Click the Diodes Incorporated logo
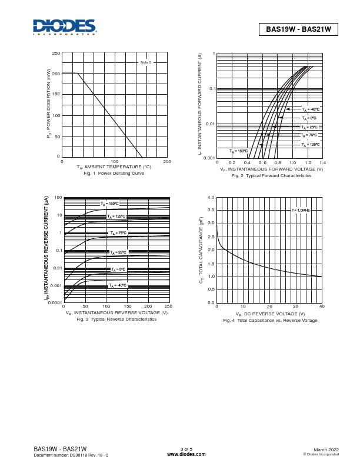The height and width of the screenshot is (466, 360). (x=65, y=26)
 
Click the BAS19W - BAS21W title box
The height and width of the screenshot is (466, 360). (x=298, y=29)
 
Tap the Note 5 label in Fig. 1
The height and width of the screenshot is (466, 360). (x=145, y=62)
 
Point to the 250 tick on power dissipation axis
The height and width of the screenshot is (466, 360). (x=56, y=54)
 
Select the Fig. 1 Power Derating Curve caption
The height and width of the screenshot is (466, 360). (x=114, y=174)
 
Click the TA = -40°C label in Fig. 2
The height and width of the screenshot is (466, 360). (x=311, y=109)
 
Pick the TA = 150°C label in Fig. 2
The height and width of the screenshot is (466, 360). (x=238, y=151)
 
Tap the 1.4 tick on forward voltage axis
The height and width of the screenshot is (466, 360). (x=322, y=162)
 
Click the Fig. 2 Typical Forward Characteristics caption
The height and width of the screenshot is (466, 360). (x=271, y=176)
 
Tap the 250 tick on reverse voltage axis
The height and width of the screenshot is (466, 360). (x=168, y=307)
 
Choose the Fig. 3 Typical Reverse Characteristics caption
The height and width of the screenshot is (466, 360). (x=116, y=319)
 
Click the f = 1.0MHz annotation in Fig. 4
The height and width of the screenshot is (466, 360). (x=301, y=210)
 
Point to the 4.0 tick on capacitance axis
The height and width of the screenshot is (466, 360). (x=211, y=198)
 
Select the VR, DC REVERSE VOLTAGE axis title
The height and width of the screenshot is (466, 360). (x=270, y=314)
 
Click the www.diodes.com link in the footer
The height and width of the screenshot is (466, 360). (x=186, y=454)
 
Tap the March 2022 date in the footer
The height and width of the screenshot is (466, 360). (x=326, y=450)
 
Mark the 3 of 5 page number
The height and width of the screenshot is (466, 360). (x=186, y=449)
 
